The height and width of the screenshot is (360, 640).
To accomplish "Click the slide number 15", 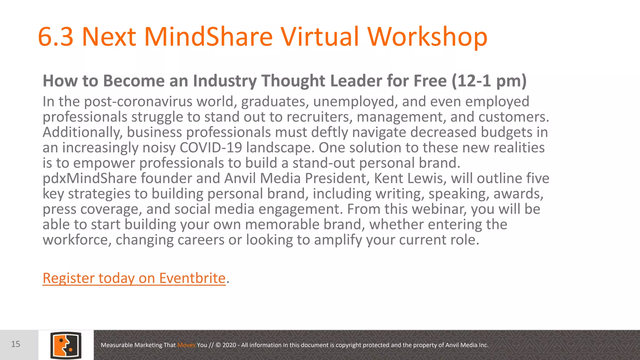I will click(x=16, y=344).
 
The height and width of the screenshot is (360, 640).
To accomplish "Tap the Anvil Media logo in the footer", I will click(x=66, y=345).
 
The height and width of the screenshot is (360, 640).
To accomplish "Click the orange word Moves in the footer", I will click(x=186, y=345).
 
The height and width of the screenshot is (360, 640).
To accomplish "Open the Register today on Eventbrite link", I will click(x=134, y=278).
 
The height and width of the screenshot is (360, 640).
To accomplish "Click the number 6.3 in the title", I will click(x=56, y=37).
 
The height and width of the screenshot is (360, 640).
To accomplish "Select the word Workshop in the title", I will click(x=427, y=37).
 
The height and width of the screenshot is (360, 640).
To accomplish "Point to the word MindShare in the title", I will click(x=208, y=37).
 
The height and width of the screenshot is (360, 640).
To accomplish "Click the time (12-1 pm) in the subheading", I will click(x=489, y=81).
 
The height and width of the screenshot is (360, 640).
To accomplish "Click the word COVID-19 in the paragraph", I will click(x=211, y=147).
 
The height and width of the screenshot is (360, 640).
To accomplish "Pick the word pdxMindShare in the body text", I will click(x=90, y=178).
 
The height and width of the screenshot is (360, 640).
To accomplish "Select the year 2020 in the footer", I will click(x=229, y=345).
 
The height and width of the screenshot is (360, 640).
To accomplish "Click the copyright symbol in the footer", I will click(x=218, y=345).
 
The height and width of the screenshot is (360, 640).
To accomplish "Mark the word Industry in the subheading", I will click(x=225, y=81).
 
